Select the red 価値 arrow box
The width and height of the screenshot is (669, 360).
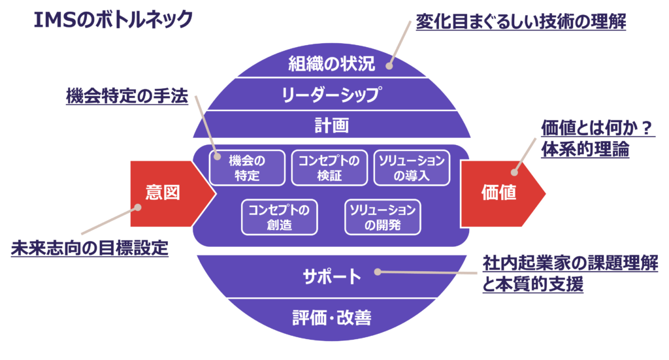coord(499,193)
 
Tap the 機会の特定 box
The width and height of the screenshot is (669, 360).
coord(247,168)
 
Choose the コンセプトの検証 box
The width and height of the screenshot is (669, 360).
coord(329,168)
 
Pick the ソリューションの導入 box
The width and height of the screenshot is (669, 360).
coord(412,168)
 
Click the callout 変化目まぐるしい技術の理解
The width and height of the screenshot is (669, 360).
coord(521,23)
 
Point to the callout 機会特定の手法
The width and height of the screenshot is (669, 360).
coord(127,97)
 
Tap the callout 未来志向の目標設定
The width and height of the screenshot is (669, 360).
coord(90,249)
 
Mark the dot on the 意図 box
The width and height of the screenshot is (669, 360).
coord(138,208)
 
